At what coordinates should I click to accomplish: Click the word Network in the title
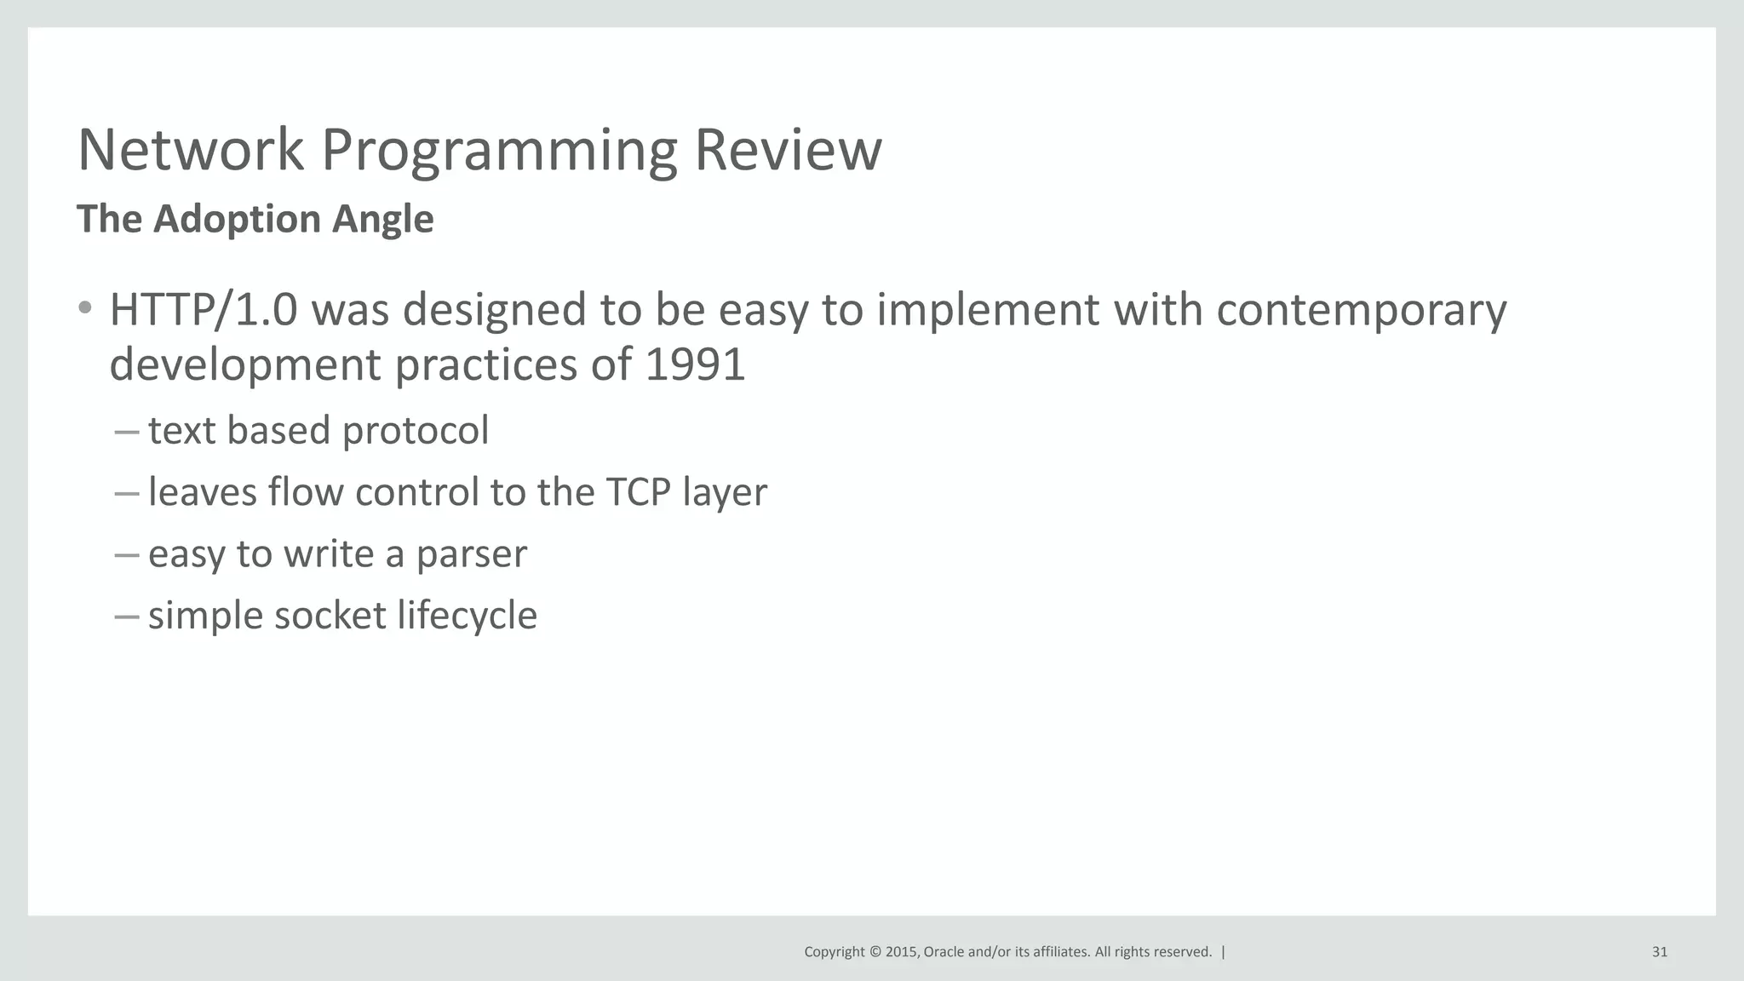click(x=190, y=151)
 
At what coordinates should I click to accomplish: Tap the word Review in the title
click(x=788, y=151)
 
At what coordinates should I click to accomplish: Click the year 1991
click(x=695, y=365)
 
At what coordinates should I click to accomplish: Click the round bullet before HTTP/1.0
click(x=84, y=308)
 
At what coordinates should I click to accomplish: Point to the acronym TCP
click(x=638, y=493)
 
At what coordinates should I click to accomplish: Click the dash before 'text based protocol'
click(x=126, y=432)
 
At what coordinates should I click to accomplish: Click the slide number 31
click(x=1659, y=952)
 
